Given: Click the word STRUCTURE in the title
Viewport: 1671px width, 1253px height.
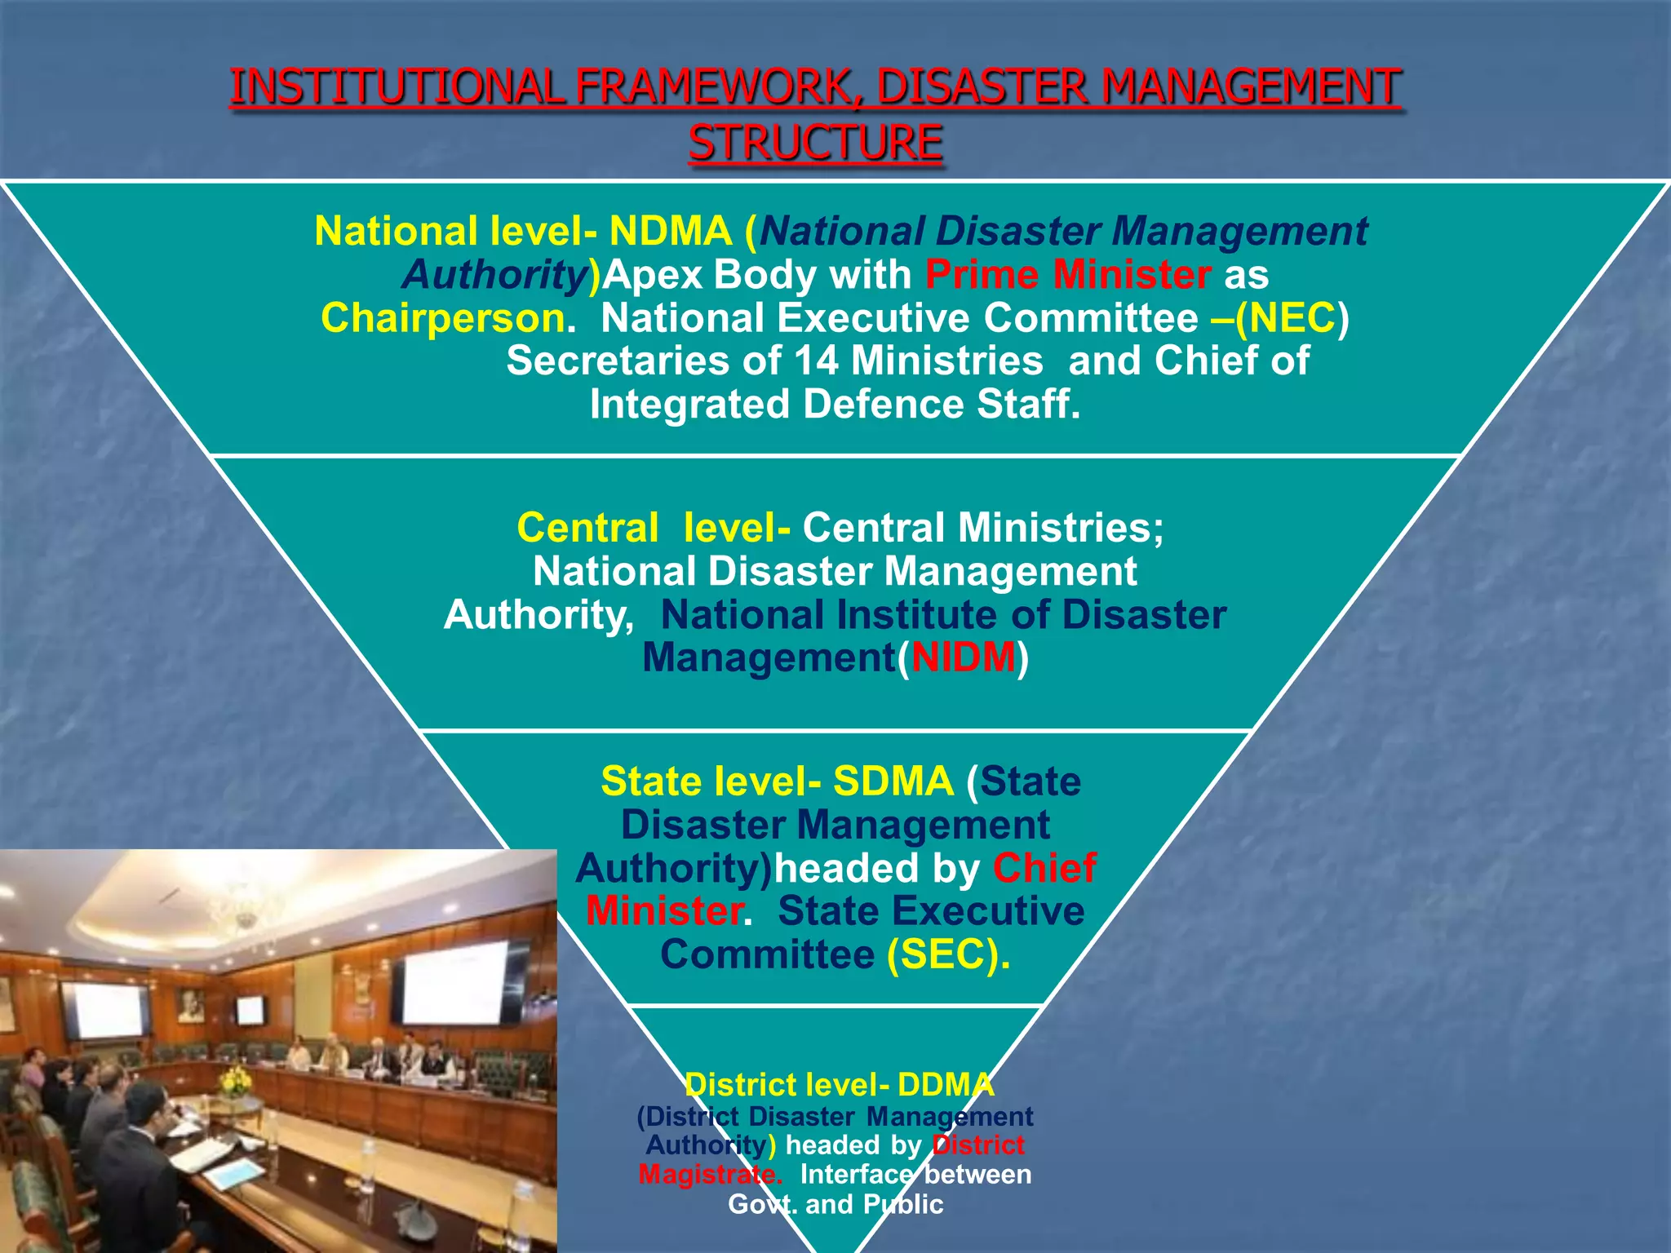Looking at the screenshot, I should click(x=815, y=144).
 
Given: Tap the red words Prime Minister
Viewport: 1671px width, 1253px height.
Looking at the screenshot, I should click(x=1067, y=275).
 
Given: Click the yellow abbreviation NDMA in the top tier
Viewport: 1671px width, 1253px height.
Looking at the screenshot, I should click(x=670, y=232).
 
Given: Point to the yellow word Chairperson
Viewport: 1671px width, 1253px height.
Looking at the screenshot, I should click(x=443, y=318).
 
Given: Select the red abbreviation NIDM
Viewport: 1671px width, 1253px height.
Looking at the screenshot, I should click(x=964, y=657).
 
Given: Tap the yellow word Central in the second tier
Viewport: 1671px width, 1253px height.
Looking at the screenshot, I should click(x=587, y=528).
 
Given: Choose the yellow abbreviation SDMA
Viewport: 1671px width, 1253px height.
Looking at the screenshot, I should click(x=893, y=781).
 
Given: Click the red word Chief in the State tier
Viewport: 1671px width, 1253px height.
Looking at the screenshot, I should click(x=1044, y=868).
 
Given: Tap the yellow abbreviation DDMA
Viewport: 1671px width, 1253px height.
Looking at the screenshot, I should click(x=946, y=1085).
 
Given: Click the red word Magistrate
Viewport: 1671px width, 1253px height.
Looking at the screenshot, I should click(x=708, y=1175).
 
